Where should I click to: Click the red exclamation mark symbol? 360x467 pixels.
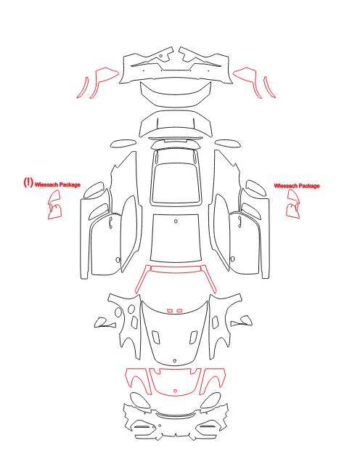pos(28,182)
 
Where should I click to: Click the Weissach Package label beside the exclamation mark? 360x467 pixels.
pos(57,184)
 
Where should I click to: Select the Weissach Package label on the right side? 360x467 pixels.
pos(297,186)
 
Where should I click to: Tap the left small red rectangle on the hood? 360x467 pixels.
pos(170,311)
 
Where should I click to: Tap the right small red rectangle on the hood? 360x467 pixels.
pos(179,311)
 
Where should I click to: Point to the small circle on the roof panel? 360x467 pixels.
pos(176,221)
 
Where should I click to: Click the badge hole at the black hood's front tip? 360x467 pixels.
pos(175,361)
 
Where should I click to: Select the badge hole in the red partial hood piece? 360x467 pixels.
pos(175,391)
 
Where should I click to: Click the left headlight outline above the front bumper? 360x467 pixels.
pos(139,400)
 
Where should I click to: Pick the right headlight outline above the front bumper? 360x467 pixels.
pos(211,400)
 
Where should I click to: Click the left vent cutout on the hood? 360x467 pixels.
pos(156,336)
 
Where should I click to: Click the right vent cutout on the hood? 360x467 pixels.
pos(193,336)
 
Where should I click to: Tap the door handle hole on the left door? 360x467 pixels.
pos(110,223)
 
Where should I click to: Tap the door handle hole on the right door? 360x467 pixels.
pos(240,222)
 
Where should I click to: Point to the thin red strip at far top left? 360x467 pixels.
pos(83,88)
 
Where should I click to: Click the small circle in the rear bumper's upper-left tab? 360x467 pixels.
pos(161,56)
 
